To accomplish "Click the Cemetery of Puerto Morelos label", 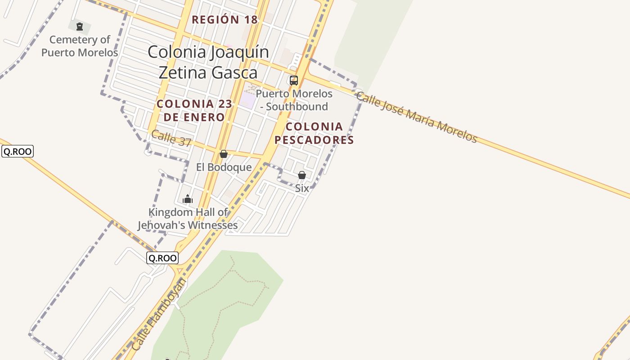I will click(x=80, y=46).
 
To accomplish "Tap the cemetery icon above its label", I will click(x=80, y=27).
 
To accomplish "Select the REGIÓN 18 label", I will click(x=225, y=20).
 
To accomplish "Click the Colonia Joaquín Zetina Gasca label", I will click(x=208, y=62).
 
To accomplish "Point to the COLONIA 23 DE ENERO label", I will click(x=194, y=110).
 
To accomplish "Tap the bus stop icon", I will click(x=294, y=81).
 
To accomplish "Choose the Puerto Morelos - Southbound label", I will click(x=294, y=100).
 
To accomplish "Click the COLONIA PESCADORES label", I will click(x=314, y=133).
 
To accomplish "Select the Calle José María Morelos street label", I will click(x=417, y=116).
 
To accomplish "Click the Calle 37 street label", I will click(x=171, y=138).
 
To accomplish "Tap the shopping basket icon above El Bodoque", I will click(x=224, y=154).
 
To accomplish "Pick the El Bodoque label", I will click(x=224, y=167).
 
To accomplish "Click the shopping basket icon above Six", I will click(x=302, y=175).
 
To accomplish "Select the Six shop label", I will click(x=302, y=189).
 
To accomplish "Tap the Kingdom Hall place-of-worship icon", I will click(x=188, y=199).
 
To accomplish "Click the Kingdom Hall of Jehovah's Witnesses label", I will click(x=188, y=219).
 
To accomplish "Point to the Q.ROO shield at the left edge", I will click(x=18, y=152).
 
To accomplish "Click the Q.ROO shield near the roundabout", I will click(x=162, y=258).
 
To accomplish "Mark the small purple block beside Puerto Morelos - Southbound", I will click(x=247, y=99).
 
